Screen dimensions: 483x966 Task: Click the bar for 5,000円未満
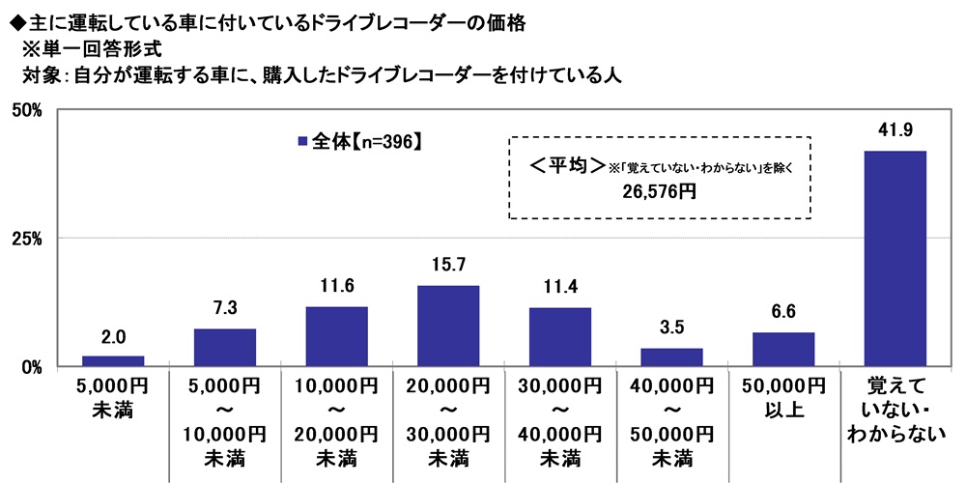(x=113, y=360)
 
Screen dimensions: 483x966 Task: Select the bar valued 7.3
(x=225, y=347)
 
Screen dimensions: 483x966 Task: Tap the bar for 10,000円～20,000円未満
(x=336, y=336)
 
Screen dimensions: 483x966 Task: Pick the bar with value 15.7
(x=448, y=326)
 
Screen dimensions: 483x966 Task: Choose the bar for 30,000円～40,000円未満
(x=560, y=336)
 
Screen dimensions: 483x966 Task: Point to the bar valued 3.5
(x=671, y=356)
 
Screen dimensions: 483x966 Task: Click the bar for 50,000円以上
(x=783, y=349)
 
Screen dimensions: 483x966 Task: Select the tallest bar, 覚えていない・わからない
(x=895, y=258)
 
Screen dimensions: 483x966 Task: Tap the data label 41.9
(x=895, y=131)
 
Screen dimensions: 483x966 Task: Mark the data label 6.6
(x=783, y=314)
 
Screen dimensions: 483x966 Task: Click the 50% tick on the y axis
(x=26, y=110)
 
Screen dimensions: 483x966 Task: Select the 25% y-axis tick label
(x=26, y=239)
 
